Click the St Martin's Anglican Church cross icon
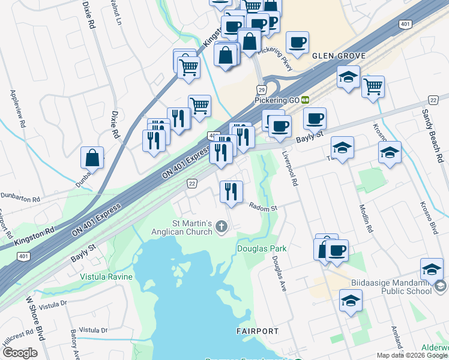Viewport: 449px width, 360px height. [221, 227]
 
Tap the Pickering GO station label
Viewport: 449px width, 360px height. [277, 100]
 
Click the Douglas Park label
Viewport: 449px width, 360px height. [262, 248]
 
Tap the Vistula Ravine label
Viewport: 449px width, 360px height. [104, 277]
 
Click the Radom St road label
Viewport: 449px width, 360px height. [263, 208]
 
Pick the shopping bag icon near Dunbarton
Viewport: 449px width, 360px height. [92, 158]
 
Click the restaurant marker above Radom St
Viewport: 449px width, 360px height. [231, 192]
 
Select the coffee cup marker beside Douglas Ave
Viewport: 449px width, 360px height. [336, 250]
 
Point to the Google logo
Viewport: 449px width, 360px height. [19, 353]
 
